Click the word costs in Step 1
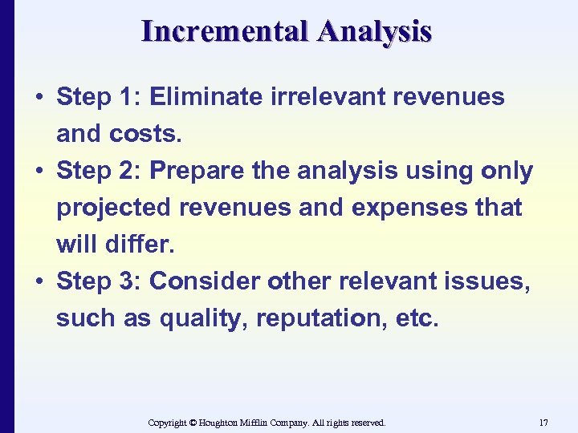point(145,134)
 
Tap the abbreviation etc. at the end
point(417,318)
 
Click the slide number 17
point(543,422)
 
